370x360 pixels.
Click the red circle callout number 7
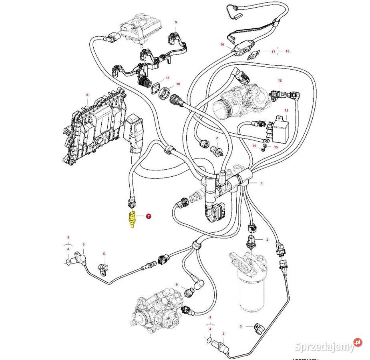tap(149, 216)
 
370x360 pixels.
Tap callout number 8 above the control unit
tap(87, 95)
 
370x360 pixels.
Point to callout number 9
tap(175, 22)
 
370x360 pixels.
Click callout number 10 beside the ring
tap(178, 84)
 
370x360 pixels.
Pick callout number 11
tap(168, 78)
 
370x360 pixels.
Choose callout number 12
tap(280, 81)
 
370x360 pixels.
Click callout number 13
tap(286, 110)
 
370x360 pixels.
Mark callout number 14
tap(254, 146)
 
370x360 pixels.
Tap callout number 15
tap(275, 147)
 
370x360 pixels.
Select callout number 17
tap(273, 52)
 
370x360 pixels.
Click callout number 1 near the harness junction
tap(262, 183)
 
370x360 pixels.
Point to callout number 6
tap(176, 284)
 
